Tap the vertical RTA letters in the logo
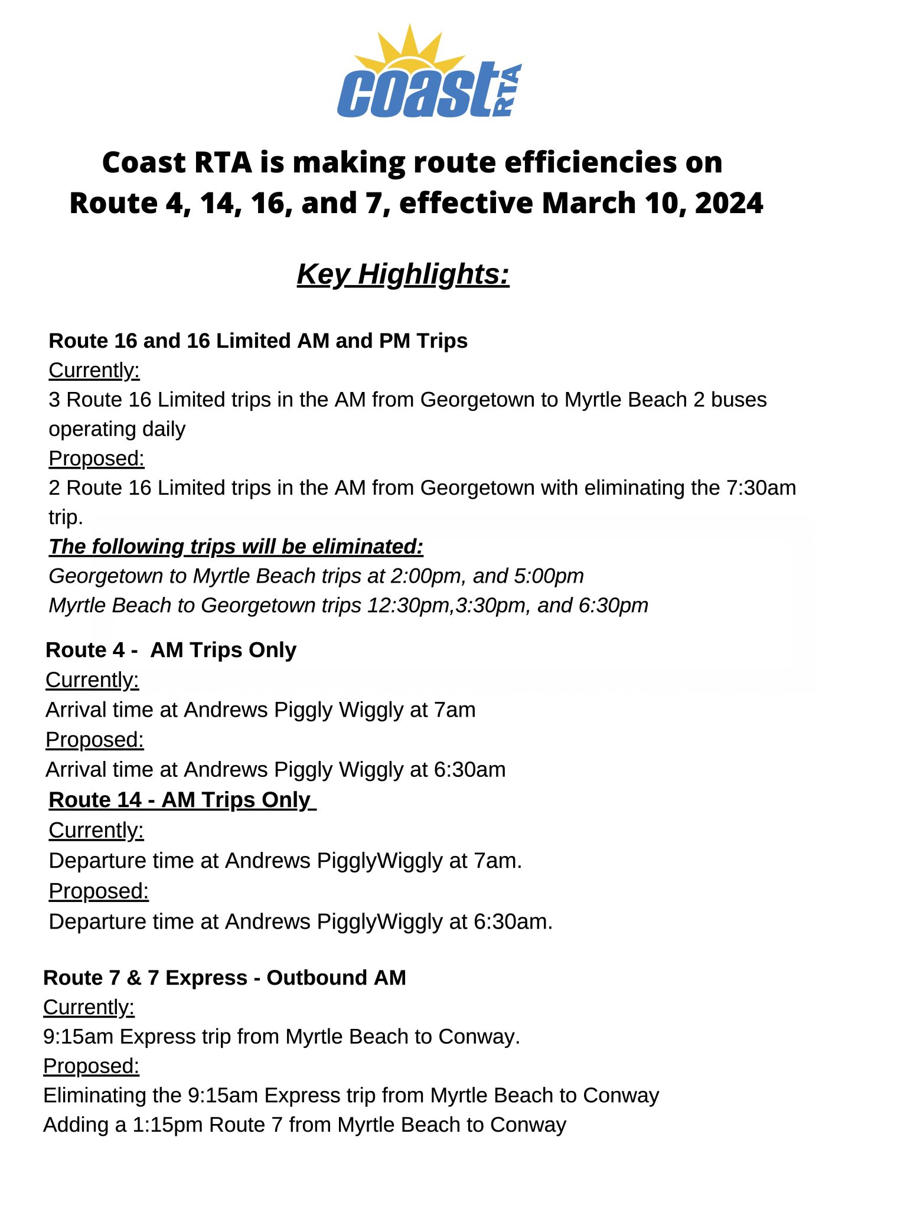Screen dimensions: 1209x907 (508, 90)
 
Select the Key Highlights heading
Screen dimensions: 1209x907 (403, 275)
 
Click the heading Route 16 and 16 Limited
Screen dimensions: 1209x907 (257, 341)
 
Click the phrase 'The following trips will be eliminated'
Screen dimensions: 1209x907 (236, 547)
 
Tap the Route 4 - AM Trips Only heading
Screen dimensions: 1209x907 (171, 650)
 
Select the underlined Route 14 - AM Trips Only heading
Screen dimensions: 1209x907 (182, 800)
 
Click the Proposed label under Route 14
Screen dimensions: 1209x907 (99, 891)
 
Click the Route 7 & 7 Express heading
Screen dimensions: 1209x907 (224, 978)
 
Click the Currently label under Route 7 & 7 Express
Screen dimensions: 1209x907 (89, 1007)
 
